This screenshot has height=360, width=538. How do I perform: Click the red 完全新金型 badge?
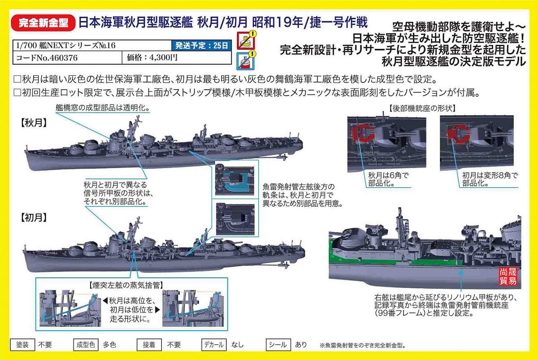tap(43, 23)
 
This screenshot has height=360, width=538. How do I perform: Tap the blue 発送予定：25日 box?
tap(201, 45)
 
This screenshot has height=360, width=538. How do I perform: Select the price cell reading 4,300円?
tap(177, 58)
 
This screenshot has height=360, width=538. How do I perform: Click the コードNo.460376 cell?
tap(68, 58)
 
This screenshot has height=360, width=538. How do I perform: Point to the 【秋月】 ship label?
tap(33, 123)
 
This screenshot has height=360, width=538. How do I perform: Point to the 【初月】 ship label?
tap(33, 218)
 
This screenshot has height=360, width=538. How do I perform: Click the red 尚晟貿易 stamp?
tap(508, 276)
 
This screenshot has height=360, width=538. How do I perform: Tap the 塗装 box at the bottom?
tap(22, 345)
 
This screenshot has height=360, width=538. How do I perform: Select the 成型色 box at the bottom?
tap(86, 345)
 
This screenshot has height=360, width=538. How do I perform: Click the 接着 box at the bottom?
tap(149, 345)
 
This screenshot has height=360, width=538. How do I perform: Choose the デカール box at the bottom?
tap(214, 345)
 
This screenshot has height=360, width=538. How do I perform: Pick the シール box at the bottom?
tap(278, 345)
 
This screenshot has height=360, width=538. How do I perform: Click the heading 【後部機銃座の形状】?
tap(422, 108)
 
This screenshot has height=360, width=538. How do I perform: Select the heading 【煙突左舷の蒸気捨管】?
tap(126, 285)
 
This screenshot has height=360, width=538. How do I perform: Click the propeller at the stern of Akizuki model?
tap(282, 157)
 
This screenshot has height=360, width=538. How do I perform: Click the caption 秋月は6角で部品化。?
tap(388, 179)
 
